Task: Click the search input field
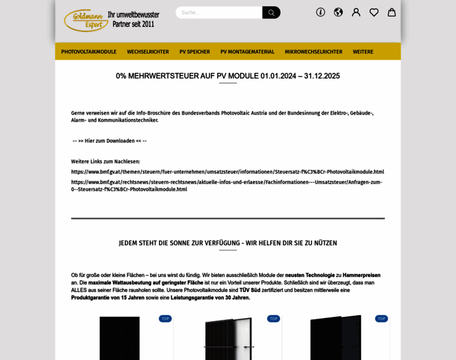[219, 13]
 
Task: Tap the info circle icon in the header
[320, 12]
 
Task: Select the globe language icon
[338, 12]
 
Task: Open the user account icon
[356, 12]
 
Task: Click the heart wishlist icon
[374, 12]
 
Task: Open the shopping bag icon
[392, 12]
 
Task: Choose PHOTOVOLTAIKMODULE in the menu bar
[89, 52]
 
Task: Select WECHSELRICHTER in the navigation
[148, 52]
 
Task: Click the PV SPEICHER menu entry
[194, 52]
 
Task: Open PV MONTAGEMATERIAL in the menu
[247, 52]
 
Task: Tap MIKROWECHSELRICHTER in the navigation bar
[313, 52]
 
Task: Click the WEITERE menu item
[363, 52]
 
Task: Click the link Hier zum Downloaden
[110, 141]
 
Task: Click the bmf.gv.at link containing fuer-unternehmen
[227, 172]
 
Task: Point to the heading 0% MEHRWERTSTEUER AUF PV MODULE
[228, 76]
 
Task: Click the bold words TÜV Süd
[250, 290]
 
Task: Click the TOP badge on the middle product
[274, 319]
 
